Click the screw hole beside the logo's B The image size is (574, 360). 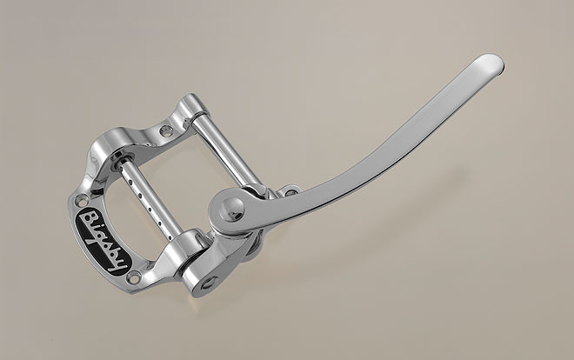coord(81,200)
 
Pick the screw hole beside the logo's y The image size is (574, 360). coord(135,277)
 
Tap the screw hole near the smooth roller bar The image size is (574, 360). coord(167,130)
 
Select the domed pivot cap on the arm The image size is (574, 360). coord(231,209)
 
